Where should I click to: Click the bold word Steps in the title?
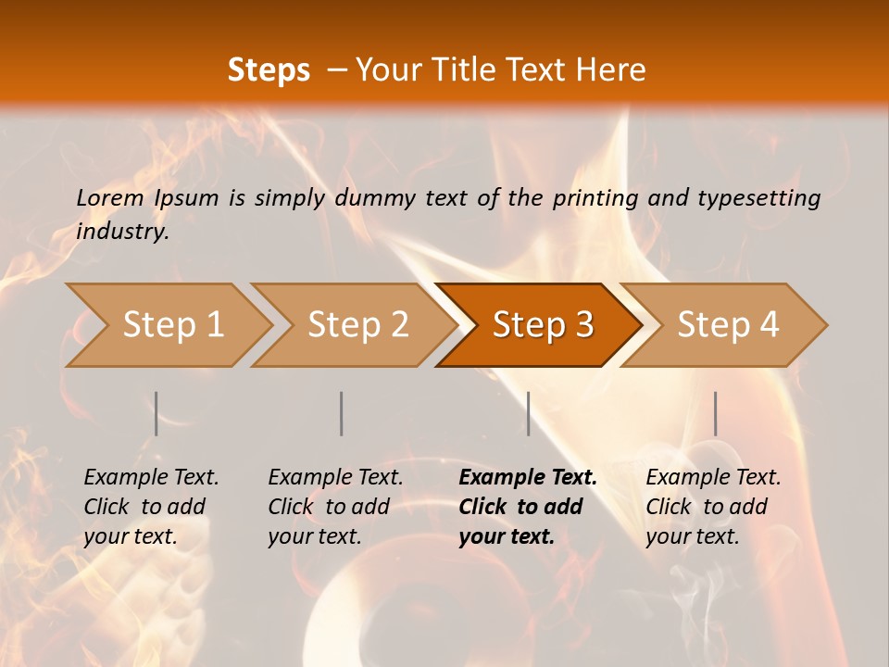point(269,70)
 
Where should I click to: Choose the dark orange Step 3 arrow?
point(543,325)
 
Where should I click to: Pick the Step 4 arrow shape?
point(728,325)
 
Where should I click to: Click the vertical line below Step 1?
point(157,413)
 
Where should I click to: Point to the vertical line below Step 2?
point(342,413)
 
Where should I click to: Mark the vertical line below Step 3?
point(529,413)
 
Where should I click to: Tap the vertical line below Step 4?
point(716,413)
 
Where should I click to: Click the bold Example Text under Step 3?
point(528,478)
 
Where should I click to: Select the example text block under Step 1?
point(151,507)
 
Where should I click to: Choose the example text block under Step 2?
point(335,507)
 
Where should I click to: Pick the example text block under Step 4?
point(713,507)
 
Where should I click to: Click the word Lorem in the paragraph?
point(109,197)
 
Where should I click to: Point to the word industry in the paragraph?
point(120,232)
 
